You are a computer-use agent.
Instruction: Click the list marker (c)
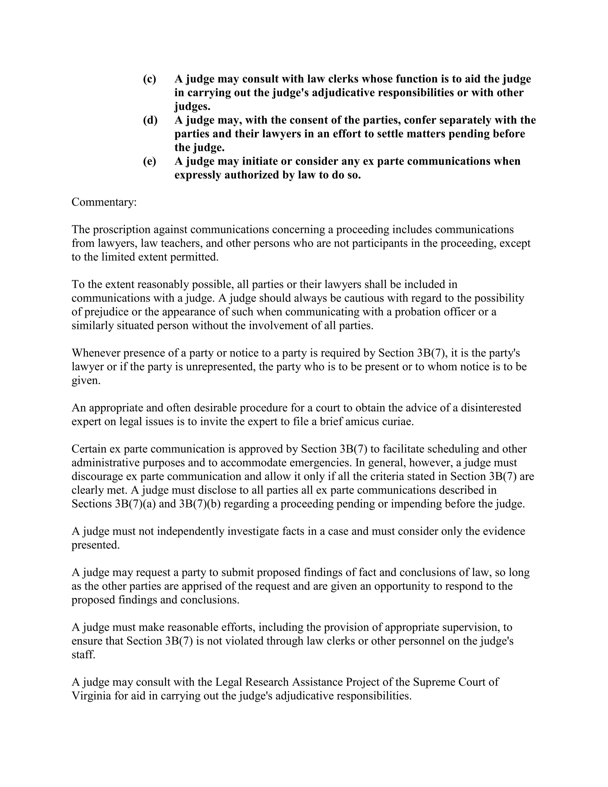pos(150,79)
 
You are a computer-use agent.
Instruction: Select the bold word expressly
pos(198,175)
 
